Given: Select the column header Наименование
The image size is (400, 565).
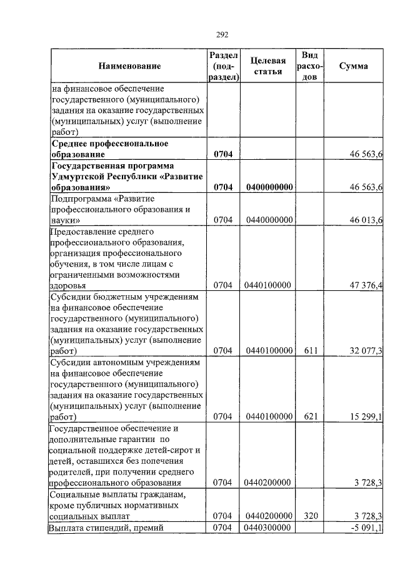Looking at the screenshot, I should coord(129,66).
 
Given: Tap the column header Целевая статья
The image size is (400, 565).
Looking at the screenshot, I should coord(267,66).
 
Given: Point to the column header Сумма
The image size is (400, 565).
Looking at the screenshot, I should coord(353,66).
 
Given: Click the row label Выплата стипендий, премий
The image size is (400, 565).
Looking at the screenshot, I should coord(106,529).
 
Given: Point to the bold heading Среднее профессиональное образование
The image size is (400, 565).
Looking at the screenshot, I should coord(109,149).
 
